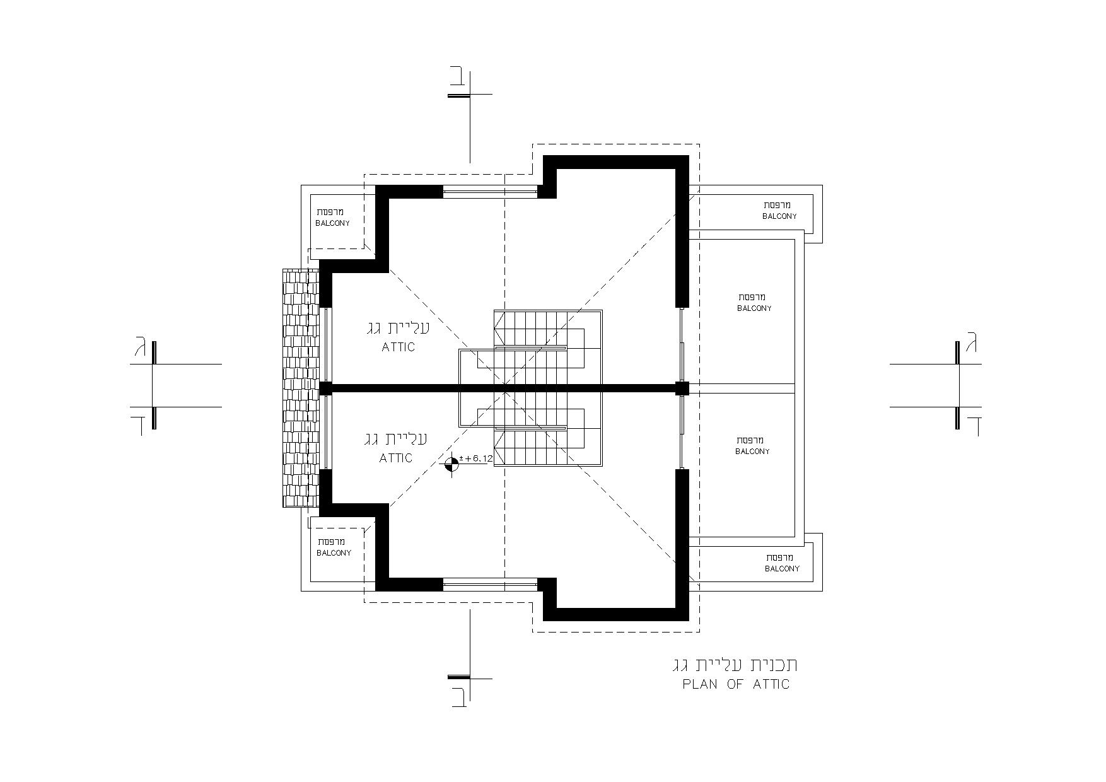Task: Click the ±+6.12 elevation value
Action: point(476,458)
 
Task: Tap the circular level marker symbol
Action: point(451,465)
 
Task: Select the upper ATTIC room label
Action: point(399,347)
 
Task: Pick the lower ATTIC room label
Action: point(396,458)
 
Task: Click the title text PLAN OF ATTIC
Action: point(736,684)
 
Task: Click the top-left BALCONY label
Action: point(332,223)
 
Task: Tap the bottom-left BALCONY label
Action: point(334,553)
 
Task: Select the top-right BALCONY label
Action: point(779,216)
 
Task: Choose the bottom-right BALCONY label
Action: point(782,569)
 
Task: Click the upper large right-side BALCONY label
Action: point(754,308)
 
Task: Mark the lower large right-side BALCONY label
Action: point(752,452)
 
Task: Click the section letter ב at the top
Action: point(459,77)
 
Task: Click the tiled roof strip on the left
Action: point(301,388)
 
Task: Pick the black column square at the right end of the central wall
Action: point(682,388)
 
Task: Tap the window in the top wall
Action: point(490,192)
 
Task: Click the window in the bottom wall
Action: point(490,584)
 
